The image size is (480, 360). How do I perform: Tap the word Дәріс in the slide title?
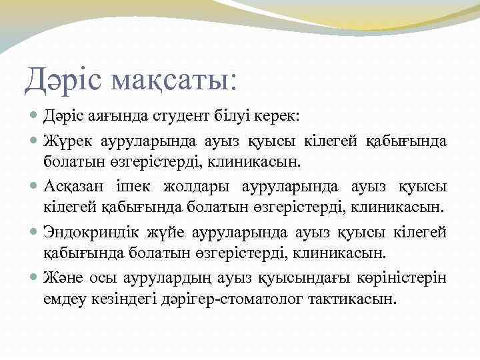pos(65,80)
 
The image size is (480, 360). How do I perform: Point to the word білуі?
pos(238,117)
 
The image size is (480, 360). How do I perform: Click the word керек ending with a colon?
pos(282,117)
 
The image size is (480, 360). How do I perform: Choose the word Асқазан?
pos(75,187)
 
